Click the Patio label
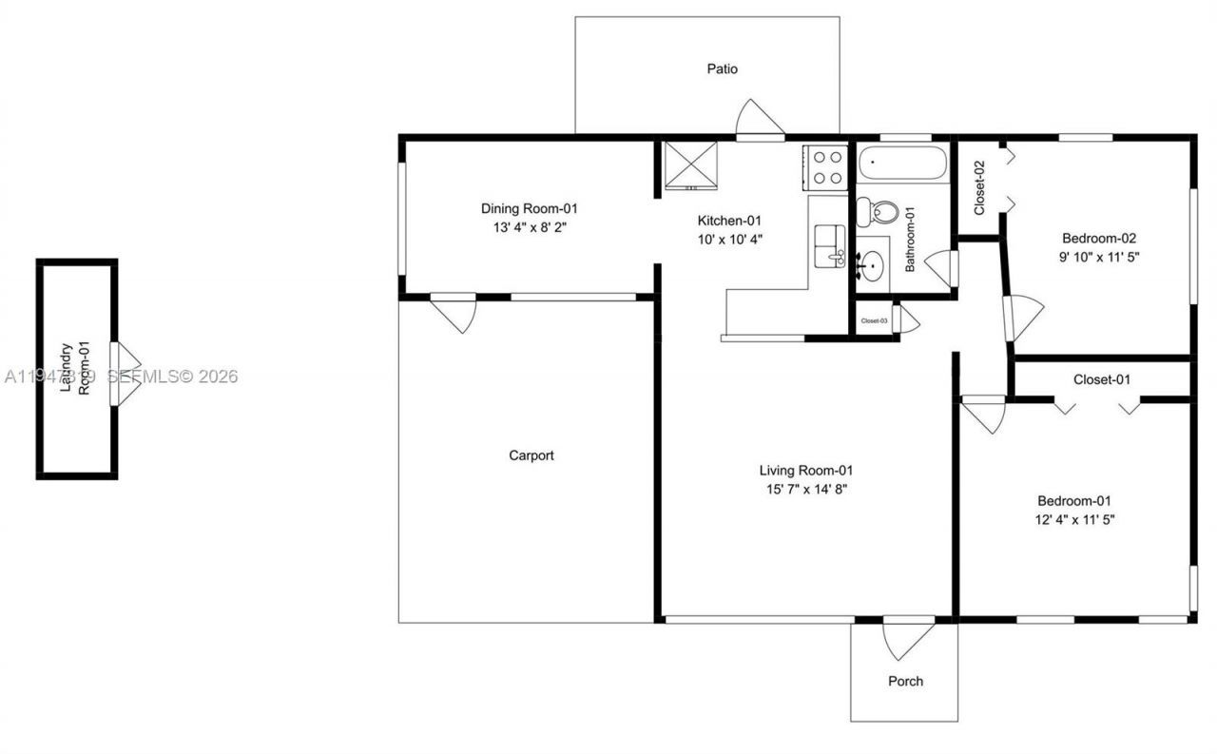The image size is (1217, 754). (722, 68)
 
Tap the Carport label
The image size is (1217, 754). (531, 455)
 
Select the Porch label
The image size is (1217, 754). (905, 681)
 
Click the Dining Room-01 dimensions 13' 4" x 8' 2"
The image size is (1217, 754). (529, 227)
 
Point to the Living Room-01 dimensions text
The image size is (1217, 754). (806, 490)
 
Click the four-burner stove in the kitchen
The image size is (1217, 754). (825, 167)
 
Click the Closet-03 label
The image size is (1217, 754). (874, 321)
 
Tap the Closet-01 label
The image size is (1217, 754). (1101, 379)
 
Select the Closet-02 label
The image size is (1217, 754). (978, 186)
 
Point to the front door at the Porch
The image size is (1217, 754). (907, 638)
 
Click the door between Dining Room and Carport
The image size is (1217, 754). (454, 312)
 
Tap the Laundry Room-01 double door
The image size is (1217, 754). (125, 374)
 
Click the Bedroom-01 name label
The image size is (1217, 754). (1073, 501)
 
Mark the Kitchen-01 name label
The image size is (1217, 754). (729, 220)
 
